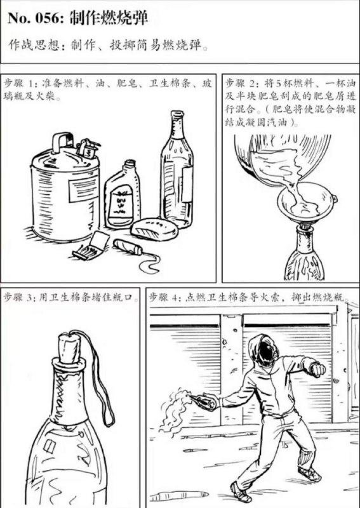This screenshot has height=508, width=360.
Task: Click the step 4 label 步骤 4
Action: (x=165, y=297)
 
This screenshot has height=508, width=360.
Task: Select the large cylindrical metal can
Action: (x=63, y=190)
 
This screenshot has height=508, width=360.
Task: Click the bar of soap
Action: (x=154, y=228)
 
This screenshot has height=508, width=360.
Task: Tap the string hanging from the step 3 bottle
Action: (x=102, y=381)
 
